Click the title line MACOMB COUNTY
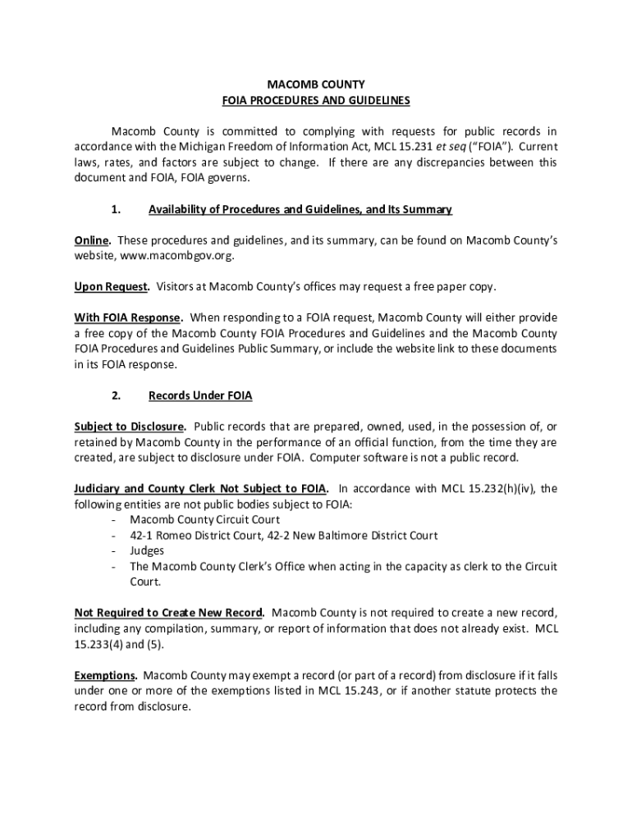pyautogui.click(x=316, y=84)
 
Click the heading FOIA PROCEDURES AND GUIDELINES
pyautogui.click(x=316, y=101)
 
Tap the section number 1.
pyautogui.click(x=116, y=210)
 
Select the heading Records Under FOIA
pyautogui.click(x=200, y=396)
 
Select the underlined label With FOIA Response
pyautogui.click(x=128, y=317)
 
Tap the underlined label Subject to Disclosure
pyautogui.click(x=131, y=427)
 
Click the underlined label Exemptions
pyautogui.click(x=105, y=675)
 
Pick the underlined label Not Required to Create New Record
pyautogui.click(x=169, y=613)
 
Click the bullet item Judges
pyautogui.click(x=147, y=550)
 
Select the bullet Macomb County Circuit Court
pyautogui.click(x=204, y=519)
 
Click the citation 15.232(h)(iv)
pyautogui.click(x=498, y=489)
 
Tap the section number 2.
pyautogui.click(x=116, y=396)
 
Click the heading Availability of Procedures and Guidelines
pyautogui.click(x=254, y=210)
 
